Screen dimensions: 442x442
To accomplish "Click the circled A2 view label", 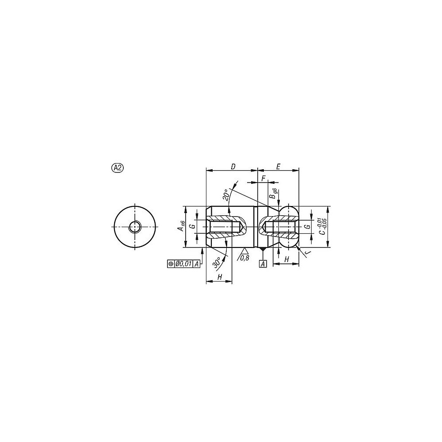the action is [118, 168].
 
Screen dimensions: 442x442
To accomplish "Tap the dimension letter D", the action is [233, 167].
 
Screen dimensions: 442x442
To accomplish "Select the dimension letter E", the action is [278, 167].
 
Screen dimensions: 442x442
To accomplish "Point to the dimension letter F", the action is [263, 179].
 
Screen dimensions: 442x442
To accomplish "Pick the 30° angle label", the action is [217, 262].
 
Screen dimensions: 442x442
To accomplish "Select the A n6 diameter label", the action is [181, 226].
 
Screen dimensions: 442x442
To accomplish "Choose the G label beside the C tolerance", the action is [308, 226].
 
